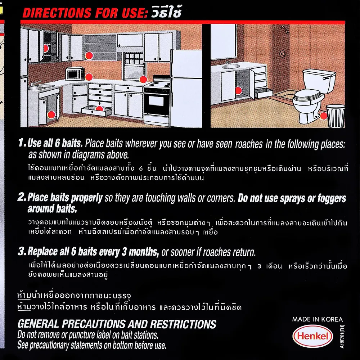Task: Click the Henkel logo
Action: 312,336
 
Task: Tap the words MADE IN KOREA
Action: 318,319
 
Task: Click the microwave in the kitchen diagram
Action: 75,74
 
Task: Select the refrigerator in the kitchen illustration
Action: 186,89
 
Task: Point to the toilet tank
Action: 319,81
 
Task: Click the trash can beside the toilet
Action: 336,116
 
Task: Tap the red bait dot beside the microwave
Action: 89,77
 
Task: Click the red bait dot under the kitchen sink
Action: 51,114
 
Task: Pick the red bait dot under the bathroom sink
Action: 239,90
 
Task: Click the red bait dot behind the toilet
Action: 324,116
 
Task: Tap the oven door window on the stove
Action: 156,101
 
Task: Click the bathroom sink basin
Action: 231,66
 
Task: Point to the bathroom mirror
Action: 223,41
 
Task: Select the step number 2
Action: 22,197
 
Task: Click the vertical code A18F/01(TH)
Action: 342,336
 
